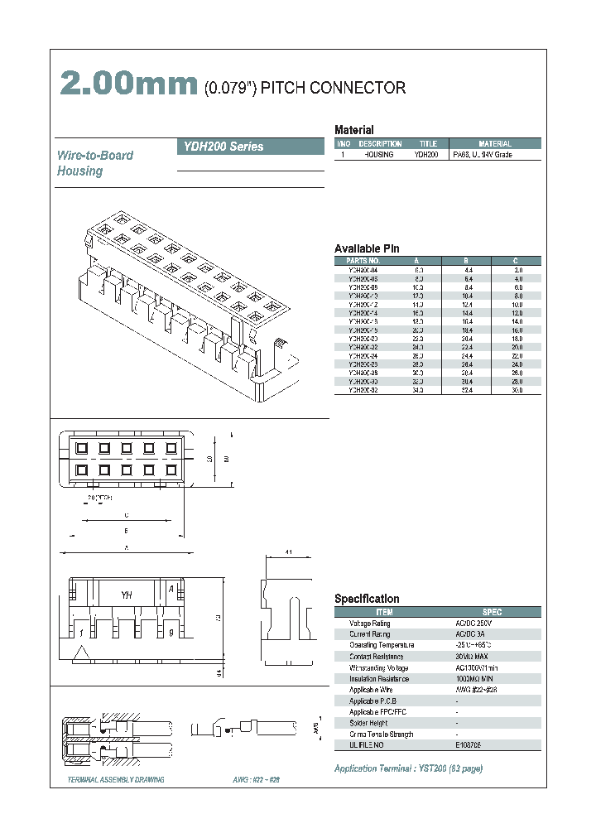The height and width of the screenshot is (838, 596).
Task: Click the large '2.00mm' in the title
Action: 128,87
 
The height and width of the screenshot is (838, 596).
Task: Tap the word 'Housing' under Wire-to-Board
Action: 79,171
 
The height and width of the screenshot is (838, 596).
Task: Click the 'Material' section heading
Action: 353,130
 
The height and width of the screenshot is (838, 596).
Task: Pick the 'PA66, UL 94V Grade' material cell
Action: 482,155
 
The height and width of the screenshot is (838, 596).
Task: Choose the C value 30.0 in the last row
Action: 517,389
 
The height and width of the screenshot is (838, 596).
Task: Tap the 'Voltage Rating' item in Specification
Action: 369,624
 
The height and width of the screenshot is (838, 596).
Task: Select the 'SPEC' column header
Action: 492,612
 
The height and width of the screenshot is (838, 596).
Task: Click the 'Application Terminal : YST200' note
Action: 408,768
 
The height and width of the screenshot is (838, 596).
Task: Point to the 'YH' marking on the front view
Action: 127,595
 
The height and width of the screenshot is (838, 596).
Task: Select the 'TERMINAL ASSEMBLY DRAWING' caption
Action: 115,780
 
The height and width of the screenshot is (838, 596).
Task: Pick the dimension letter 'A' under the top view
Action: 125,547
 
